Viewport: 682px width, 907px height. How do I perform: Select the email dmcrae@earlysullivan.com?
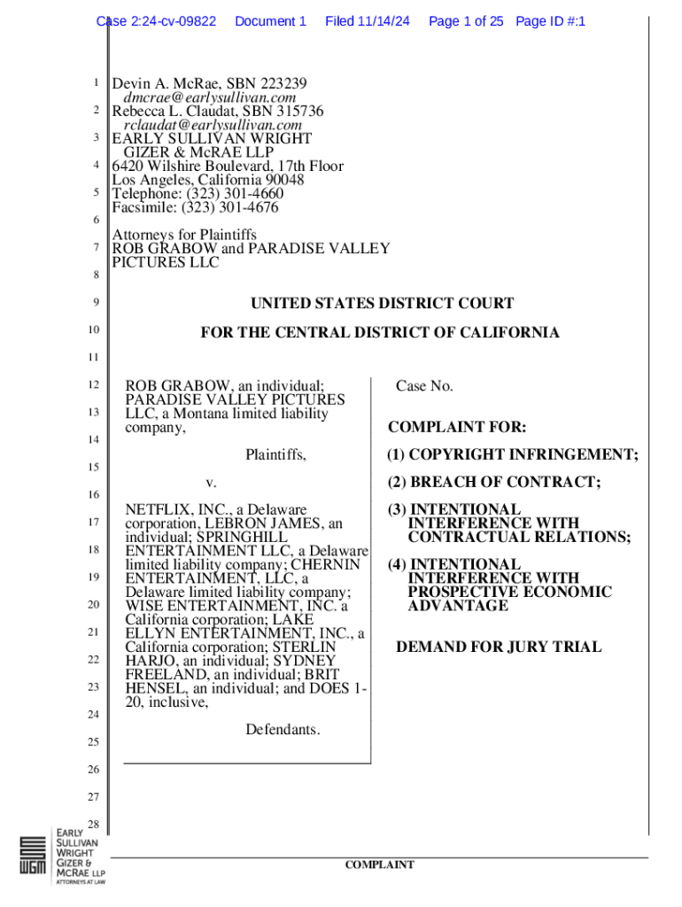coord(209,97)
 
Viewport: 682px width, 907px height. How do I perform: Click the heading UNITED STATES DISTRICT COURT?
coord(382,304)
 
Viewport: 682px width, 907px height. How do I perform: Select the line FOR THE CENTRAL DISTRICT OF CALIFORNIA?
coord(380,333)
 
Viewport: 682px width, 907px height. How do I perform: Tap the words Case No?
coord(424,386)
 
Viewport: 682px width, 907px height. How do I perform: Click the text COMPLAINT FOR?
coord(457,428)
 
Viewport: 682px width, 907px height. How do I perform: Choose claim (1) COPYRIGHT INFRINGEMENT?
coord(512,455)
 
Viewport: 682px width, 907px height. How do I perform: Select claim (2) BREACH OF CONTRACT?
coord(493,483)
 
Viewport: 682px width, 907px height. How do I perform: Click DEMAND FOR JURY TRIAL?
coord(499,647)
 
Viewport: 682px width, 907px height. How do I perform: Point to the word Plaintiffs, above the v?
coord(276,455)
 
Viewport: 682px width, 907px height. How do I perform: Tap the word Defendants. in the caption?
coord(283,730)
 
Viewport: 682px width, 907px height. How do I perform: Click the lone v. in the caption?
coord(211,483)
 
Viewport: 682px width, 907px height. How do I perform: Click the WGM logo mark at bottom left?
coord(33,857)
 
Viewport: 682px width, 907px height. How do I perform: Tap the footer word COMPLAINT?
coord(380,864)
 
